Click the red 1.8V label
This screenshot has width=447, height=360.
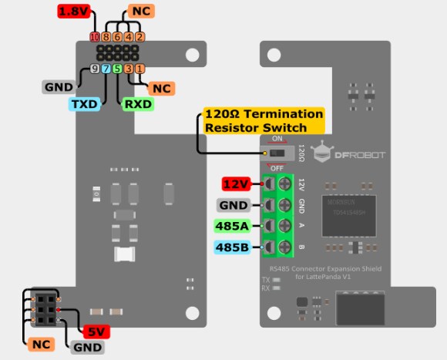point(75,12)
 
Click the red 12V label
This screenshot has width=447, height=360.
point(235,184)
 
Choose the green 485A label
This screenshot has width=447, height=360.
point(232,226)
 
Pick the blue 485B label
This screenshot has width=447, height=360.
point(232,247)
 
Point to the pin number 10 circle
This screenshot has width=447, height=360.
point(95,37)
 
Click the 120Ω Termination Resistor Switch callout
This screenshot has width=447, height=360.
point(263,120)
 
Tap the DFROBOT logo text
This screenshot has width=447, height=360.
point(361,155)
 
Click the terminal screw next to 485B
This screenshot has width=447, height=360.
point(284,247)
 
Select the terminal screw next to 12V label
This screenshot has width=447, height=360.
point(284,184)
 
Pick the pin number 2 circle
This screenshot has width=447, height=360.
point(139,37)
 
